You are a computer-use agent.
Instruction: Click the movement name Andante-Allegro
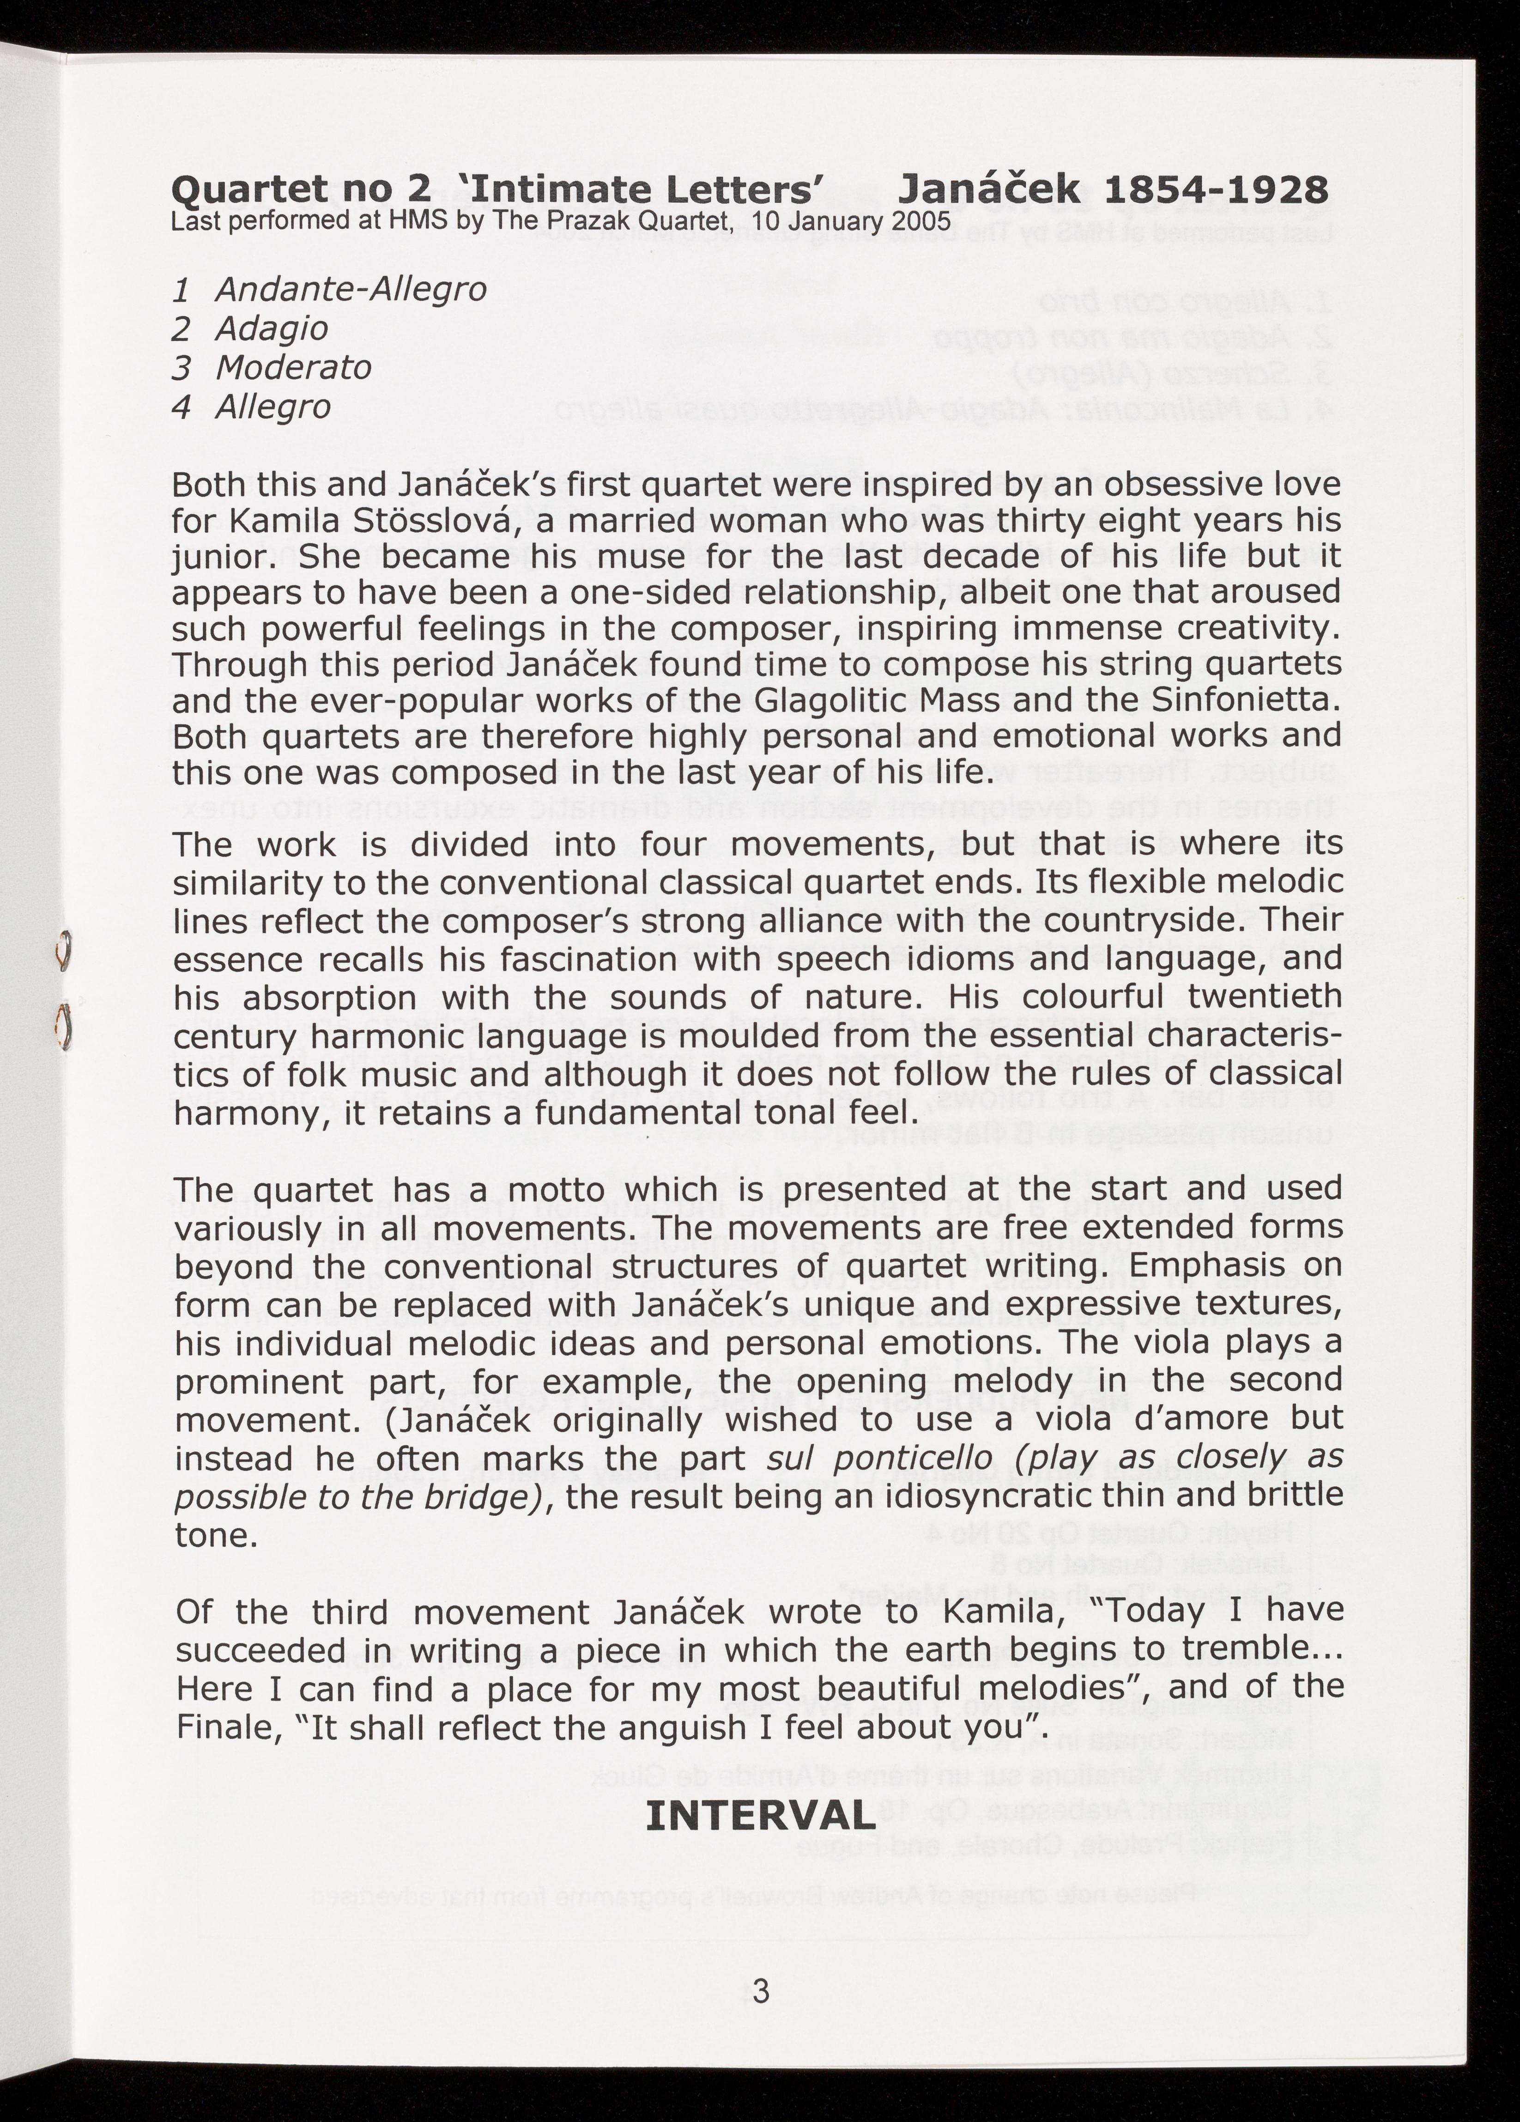[351, 289]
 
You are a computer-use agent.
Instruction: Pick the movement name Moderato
[294, 368]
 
